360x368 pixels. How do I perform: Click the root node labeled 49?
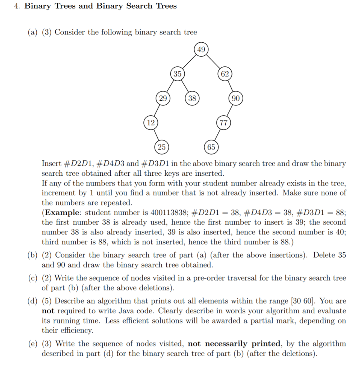pyautogui.click(x=201, y=50)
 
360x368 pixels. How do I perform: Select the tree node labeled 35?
pyautogui.click(x=177, y=74)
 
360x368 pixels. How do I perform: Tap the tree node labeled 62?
pyautogui.click(x=225, y=74)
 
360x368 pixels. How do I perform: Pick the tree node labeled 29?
pyautogui.click(x=163, y=98)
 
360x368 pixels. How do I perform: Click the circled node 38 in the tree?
pyautogui.click(x=192, y=98)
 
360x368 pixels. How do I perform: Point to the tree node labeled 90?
pyautogui.click(x=236, y=98)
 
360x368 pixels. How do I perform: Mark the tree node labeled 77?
pyautogui.click(x=223, y=123)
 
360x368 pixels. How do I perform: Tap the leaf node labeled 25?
pyautogui.click(x=162, y=147)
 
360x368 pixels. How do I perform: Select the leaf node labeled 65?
pyautogui.click(x=211, y=147)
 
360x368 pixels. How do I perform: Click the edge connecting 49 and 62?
pyautogui.click(x=213, y=62)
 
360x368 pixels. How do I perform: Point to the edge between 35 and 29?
pyautogui.click(x=170, y=86)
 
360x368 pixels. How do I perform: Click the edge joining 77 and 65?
pyautogui.click(x=217, y=135)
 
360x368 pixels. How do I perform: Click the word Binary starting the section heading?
pyautogui.click(x=38, y=6)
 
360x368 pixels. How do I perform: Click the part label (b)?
pyautogui.click(x=33, y=255)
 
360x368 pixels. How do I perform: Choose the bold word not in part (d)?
pyautogui.click(x=48, y=311)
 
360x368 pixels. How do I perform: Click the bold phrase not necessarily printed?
pyautogui.click(x=235, y=344)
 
